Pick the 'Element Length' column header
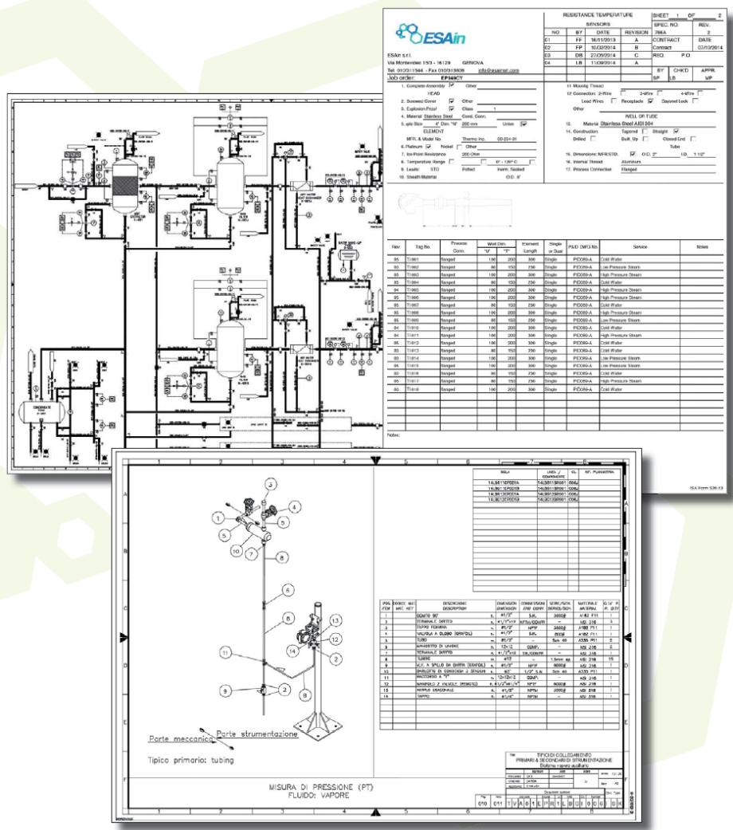click(530, 247)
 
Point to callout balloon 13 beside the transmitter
click(335, 642)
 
